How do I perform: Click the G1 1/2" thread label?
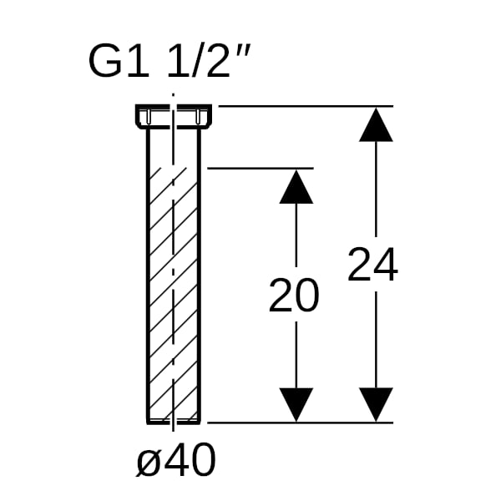(169, 62)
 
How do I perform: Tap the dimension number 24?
(372, 265)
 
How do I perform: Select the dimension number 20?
(294, 295)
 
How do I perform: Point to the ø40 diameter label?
(176, 460)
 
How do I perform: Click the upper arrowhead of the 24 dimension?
(376, 124)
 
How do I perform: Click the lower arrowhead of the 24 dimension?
(376, 404)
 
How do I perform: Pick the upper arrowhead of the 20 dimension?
(296, 186)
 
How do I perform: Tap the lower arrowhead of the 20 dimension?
(296, 404)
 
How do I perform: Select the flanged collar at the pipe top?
(174, 117)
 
